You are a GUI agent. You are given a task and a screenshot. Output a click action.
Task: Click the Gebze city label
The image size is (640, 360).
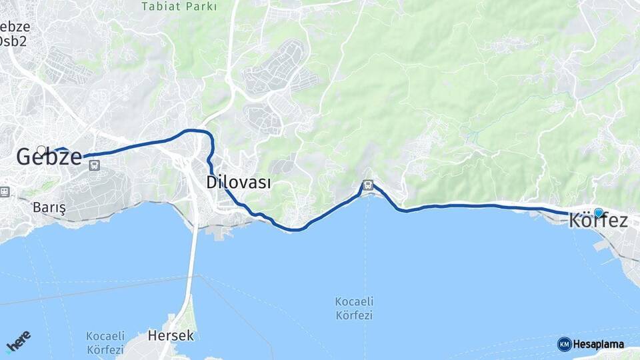49,157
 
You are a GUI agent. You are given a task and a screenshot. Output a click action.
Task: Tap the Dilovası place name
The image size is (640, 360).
238,182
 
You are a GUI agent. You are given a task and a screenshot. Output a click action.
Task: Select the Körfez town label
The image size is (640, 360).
598,221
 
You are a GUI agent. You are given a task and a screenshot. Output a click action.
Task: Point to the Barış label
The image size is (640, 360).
49,207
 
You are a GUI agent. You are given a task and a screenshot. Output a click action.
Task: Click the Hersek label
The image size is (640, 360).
171,335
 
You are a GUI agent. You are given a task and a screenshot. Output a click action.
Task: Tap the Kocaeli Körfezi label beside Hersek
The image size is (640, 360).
105,343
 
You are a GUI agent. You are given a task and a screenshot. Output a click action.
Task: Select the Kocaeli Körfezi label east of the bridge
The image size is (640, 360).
353,308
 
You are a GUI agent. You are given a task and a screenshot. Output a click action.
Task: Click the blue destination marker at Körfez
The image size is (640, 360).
598,213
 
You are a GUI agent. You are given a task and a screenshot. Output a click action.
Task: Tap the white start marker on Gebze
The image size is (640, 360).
41,151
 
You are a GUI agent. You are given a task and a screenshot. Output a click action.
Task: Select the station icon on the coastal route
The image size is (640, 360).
367,184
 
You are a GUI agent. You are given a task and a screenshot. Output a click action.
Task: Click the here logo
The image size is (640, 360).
18,341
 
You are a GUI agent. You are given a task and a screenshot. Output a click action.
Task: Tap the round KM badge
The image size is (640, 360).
564,344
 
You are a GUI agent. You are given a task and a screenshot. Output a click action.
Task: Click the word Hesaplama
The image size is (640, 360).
598,345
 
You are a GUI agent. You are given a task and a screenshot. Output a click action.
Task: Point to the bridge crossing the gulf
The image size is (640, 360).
193,267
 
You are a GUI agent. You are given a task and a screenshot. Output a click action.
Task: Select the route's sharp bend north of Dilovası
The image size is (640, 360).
209,136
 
